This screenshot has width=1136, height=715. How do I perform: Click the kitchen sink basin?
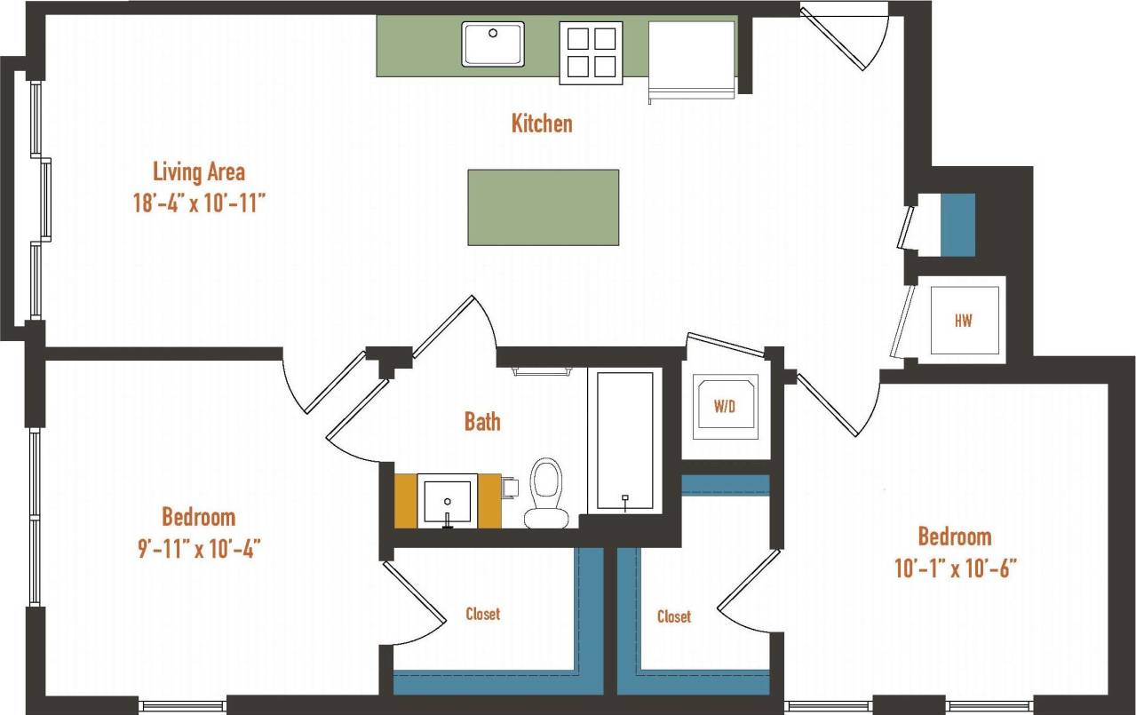(492, 44)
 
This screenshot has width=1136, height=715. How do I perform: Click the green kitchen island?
(543, 207)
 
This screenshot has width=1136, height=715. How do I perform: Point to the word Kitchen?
(541, 123)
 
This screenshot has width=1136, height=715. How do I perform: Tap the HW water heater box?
(963, 321)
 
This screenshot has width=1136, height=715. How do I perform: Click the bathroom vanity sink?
(447, 501)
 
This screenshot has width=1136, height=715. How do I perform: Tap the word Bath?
(482, 422)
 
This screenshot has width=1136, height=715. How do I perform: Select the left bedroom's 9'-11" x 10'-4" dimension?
(198, 548)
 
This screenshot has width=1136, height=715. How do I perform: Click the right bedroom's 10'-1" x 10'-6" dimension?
(955, 568)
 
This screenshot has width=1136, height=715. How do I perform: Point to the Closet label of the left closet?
(482, 614)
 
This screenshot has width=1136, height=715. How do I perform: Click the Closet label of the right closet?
(673, 616)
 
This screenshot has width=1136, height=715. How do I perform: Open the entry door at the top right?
(844, 36)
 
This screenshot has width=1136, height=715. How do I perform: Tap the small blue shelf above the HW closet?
(957, 225)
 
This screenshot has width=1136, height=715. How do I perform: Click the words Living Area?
(199, 171)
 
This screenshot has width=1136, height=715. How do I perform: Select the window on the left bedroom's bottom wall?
(183, 706)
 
